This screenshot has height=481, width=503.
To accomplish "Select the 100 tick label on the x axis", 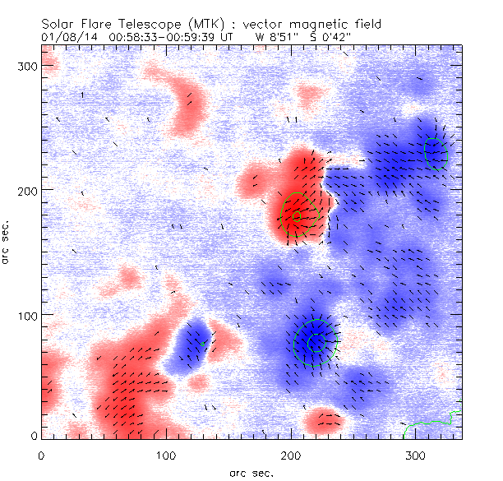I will coord(166,455).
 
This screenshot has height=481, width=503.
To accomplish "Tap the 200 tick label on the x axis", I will coord(291,455).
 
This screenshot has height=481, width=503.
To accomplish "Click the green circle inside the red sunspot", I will coord(298,213).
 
